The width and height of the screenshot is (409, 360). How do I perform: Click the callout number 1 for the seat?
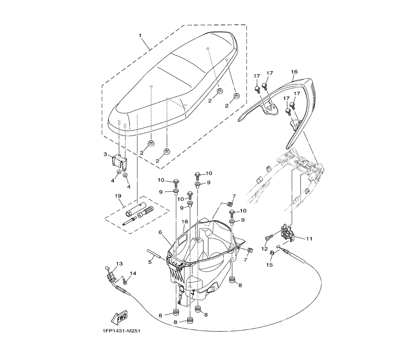click(x=140, y=36)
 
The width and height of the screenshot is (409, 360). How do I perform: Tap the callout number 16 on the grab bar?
click(x=294, y=72)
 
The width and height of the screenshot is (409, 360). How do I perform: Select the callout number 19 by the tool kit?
click(x=119, y=196)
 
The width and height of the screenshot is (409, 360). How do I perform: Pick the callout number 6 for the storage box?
click(x=161, y=232)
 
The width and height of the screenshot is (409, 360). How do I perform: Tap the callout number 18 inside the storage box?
click(x=184, y=222)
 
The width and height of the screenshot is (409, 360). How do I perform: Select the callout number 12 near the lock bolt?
click(x=265, y=248)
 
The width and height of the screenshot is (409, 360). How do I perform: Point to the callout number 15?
click(x=269, y=265)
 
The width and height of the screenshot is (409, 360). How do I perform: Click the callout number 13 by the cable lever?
click(x=119, y=264)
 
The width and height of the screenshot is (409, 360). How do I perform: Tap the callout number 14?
click(x=133, y=273)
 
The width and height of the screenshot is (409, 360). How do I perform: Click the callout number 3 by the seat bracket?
click(x=105, y=154)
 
